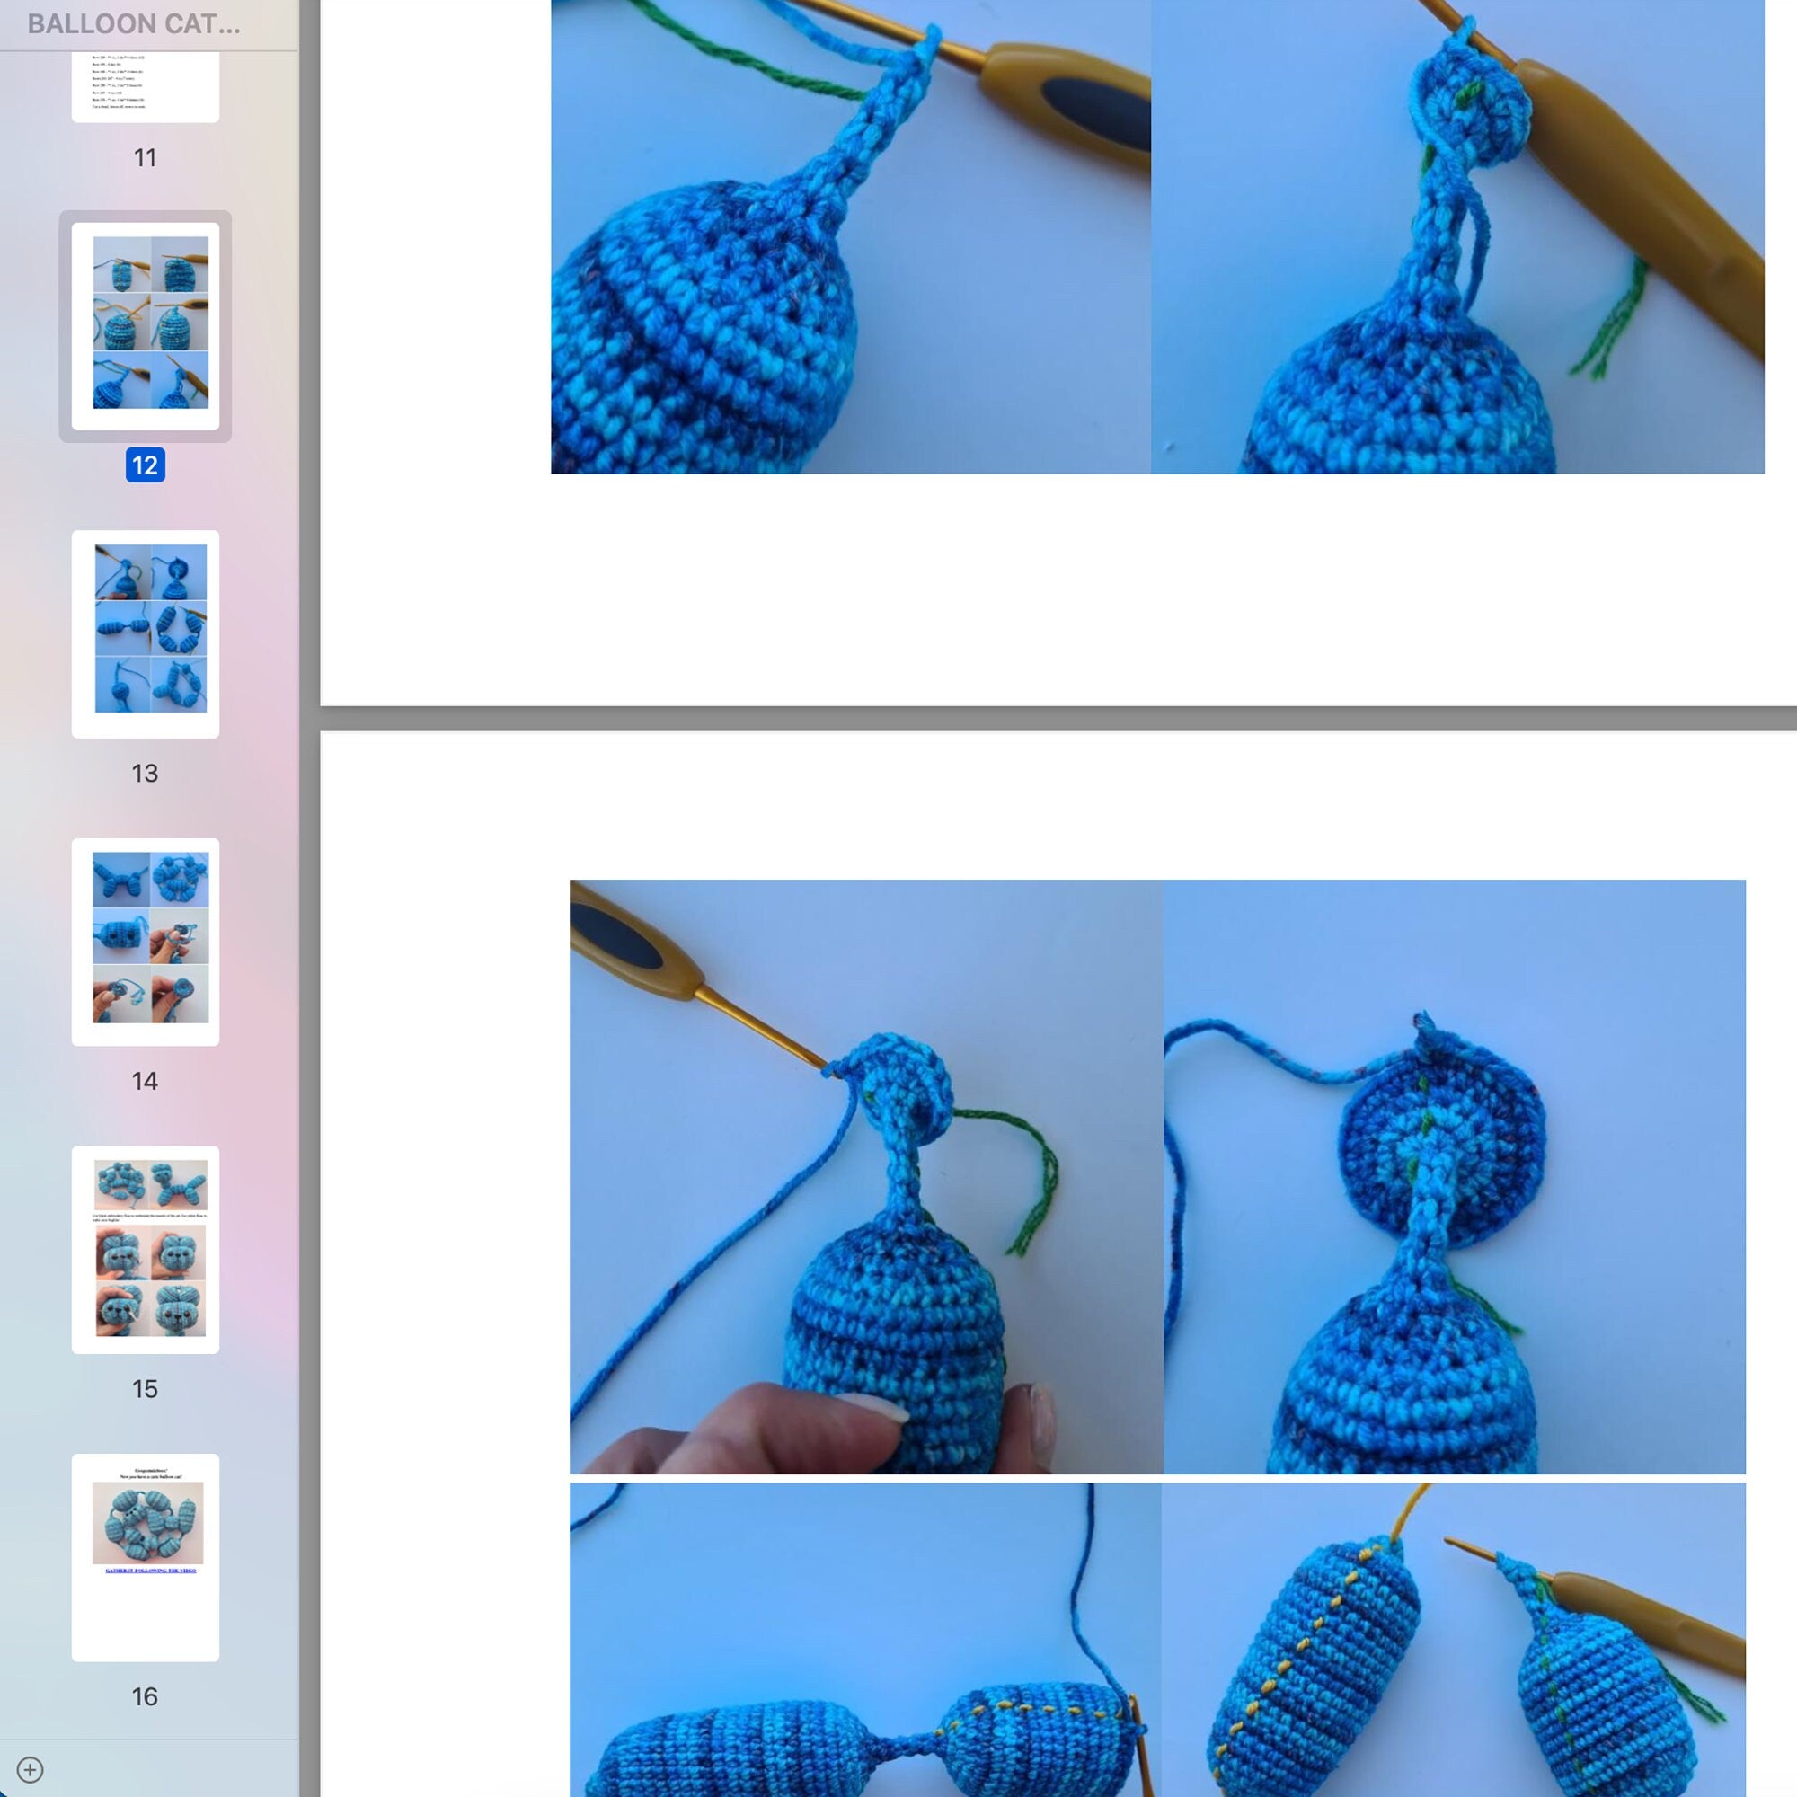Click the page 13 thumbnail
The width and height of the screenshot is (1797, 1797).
145,633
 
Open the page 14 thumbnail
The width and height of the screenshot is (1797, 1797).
145,942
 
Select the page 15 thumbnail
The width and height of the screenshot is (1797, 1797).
145,1249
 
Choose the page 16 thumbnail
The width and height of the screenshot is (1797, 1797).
145,1557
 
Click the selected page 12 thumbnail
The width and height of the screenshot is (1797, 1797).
145,325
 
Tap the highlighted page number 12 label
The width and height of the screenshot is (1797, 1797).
145,465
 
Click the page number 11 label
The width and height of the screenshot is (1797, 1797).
145,157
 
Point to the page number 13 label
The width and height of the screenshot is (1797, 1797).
145,773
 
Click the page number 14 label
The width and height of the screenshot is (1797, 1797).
145,1081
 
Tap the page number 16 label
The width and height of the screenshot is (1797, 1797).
145,1696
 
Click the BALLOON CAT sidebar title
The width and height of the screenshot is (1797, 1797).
134,24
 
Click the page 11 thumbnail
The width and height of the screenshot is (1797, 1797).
145,85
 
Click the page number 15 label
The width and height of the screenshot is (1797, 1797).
145,1389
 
